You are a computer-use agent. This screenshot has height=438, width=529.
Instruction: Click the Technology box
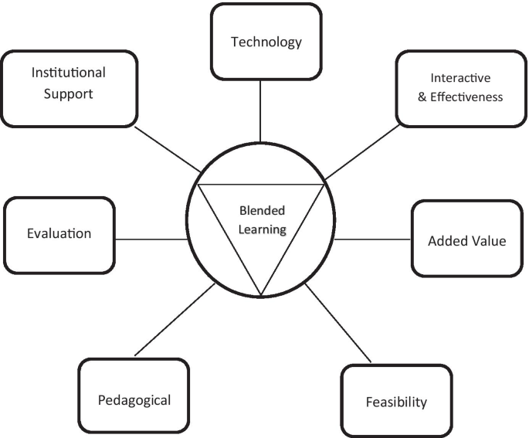(x=266, y=42)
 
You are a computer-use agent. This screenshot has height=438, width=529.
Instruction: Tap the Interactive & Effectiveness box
(x=460, y=87)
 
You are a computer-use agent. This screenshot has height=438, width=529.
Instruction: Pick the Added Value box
(x=467, y=239)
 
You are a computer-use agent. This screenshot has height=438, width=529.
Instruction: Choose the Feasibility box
(x=395, y=401)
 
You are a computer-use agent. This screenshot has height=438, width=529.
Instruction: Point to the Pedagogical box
(x=134, y=399)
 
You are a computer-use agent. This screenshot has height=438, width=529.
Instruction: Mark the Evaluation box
(x=59, y=233)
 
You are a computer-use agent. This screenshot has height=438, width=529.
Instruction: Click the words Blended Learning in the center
(x=261, y=219)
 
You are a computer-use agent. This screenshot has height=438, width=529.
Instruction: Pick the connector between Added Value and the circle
(x=373, y=239)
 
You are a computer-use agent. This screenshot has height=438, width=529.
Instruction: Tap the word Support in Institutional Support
(x=68, y=95)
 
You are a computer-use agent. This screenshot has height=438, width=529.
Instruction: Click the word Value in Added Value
(x=490, y=240)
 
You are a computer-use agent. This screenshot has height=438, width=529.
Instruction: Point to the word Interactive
(x=461, y=79)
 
